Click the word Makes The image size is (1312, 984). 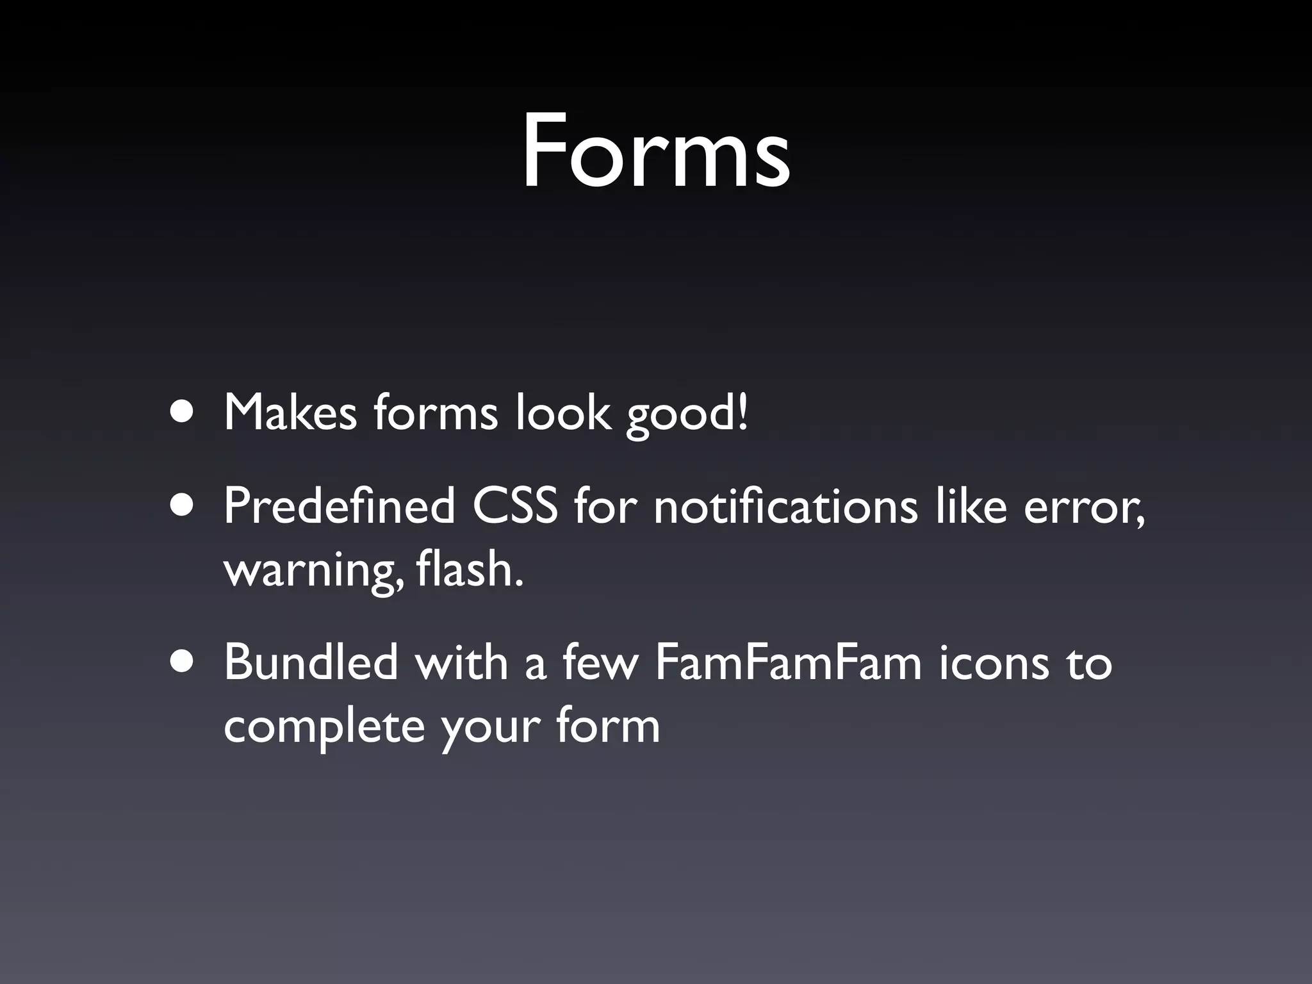[x=290, y=413]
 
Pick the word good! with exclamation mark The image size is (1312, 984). [x=686, y=415]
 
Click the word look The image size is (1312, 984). [x=562, y=413]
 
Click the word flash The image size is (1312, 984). [x=470, y=569]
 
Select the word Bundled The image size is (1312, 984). [x=311, y=662]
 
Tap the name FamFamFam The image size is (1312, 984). [x=787, y=662]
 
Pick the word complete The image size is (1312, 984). [x=324, y=728]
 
